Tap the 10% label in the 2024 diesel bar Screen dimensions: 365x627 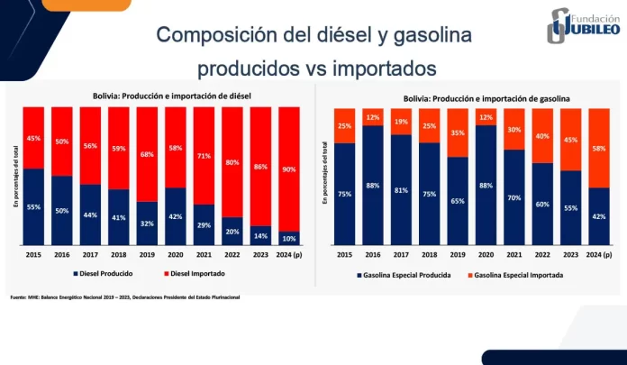click(289, 239)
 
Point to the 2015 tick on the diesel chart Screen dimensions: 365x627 click(34, 255)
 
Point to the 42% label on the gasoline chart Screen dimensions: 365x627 click(599, 215)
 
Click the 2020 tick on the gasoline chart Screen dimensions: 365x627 click(486, 255)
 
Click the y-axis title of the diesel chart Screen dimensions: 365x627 click(15, 176)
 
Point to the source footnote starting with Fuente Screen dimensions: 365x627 click(126, 297)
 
